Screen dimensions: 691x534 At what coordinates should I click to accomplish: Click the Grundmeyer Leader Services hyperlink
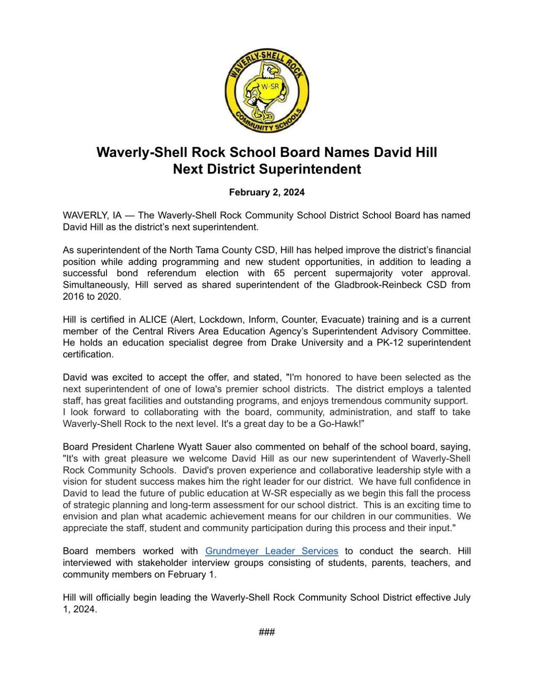(x=271, y=551)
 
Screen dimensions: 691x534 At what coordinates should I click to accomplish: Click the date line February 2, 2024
(x=267, y=192)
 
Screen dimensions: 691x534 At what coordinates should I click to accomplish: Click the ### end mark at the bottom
(x=267, y=632)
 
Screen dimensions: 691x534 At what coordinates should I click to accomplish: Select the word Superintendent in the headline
(x=310, y=169)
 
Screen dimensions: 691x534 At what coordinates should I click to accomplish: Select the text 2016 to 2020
(x=92, y=296)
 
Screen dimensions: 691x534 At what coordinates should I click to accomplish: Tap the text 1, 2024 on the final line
(x=80, y=609)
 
